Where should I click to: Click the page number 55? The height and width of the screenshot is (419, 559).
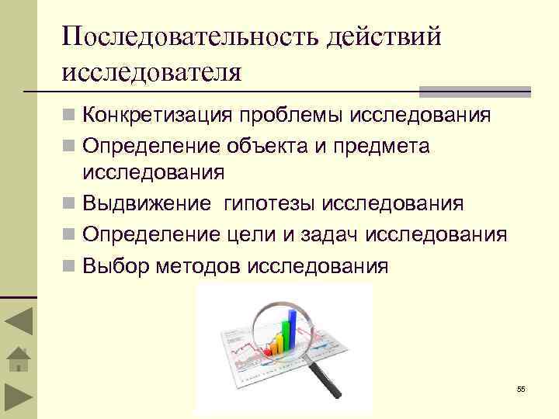521,389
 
